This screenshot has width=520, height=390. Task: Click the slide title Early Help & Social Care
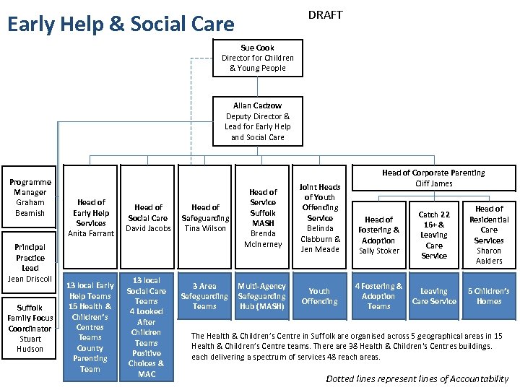pos(121,24)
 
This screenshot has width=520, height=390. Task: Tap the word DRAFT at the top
pos(325,15)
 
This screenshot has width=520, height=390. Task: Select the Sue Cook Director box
pos(258,58)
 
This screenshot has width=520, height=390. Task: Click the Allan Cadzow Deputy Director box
pos(258,121)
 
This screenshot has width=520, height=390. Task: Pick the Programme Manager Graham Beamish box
pos(30,198)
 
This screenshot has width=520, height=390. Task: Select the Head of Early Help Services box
pos(91,217)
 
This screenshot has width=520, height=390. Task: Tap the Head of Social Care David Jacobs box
pos(147,217)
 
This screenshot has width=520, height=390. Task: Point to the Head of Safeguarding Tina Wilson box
pos(205,217)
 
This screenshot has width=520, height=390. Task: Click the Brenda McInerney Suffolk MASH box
pos(263,217)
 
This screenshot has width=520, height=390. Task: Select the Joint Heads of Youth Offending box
pos(320,217)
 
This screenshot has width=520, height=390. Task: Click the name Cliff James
pos(433,183)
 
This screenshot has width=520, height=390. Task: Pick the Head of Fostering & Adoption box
pos(378,235)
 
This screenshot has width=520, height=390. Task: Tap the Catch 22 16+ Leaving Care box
pos(433,235)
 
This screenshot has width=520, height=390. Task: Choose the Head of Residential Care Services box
pos(489,235)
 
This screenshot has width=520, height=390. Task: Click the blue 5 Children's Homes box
pos(489,296)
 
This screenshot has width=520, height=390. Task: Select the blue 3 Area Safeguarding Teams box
pos(205,296)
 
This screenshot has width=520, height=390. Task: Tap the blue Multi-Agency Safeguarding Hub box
pos(262,296)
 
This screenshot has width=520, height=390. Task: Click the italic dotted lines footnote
pos(417,378)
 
